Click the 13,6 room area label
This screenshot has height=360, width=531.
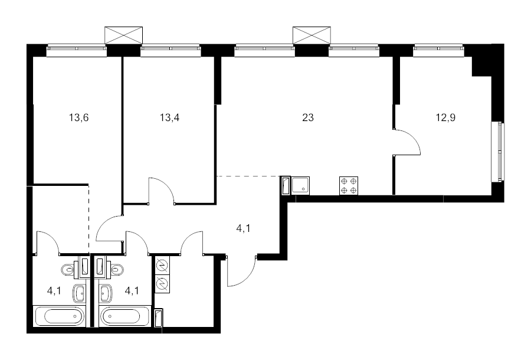pyautogui.click(x=79, y=118)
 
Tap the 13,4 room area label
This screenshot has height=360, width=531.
pyautogui.click(x=170, y=118)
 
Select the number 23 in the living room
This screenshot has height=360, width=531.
pyautogui.click(x=308, y=117)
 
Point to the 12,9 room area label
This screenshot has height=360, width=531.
pyautogui.click(x=445, y=118)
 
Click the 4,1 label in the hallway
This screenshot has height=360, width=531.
pyautogui.click(x=243, y=228)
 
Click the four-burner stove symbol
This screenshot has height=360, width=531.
pyautogui.click(x=349, y=185)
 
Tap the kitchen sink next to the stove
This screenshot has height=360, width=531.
pyautogui.click(x=301, y=185)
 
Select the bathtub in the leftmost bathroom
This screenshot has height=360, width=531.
pyautogui.click(x=59, y=316)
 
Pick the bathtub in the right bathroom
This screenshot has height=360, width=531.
pyautogui.click(x=125, y=316)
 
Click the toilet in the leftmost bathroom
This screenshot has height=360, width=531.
pyautogui.click(x=68, y=270)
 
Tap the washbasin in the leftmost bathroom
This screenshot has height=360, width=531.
pyautogui.click(x=79, y=293)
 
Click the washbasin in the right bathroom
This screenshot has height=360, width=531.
pyautogui.click(x=106, y=293)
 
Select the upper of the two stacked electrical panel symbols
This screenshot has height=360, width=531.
pyautogui.click(x=162, y=265)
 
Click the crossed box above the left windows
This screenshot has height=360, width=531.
pyautogui.click(x=124, y=35)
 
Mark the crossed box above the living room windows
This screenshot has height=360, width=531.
pyautogui.click(x=312, y=35)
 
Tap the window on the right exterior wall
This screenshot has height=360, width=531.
pyautogui.click(x=498, y=152)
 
